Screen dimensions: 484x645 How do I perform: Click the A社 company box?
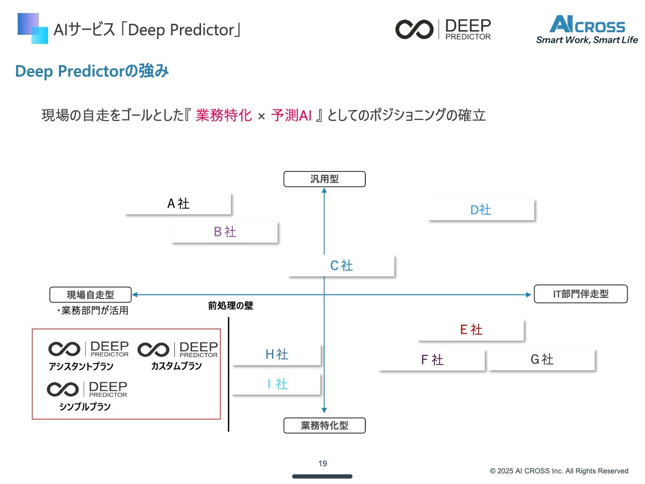[x=178, y=204]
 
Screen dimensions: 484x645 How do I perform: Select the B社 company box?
[x=225, y=232]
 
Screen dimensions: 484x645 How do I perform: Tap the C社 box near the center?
[x=341, y=266]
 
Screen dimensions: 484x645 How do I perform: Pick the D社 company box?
[x=481, y=210]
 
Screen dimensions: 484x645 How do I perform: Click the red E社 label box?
[x=471, y=330]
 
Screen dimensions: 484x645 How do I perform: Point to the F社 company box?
[x=432, y=360]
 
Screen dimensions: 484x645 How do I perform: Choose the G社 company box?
[x=542, y=359]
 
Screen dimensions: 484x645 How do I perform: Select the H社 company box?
[x=277, y=354]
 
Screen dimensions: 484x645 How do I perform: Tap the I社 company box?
[x=277, y=384]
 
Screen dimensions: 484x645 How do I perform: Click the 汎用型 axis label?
[x=325, y=179]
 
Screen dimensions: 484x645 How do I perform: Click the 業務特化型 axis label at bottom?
[x=325, y=426]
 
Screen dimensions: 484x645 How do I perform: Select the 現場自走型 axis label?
[x=91, y=295]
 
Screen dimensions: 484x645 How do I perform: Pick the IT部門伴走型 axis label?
[x=580, y=294]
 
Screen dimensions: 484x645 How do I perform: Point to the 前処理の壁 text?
[x=230, y=306]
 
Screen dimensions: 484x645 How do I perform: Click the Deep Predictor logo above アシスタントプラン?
[x=89, y=349]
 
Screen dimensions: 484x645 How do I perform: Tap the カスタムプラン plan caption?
[x=176, y=367]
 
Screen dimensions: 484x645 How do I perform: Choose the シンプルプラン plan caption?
[x=85, y=407]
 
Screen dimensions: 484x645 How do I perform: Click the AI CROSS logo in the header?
[x=587, y=30]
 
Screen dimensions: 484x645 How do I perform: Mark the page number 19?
[x=322, y=463]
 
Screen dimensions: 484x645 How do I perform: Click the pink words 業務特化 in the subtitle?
[x=224, y=115]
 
